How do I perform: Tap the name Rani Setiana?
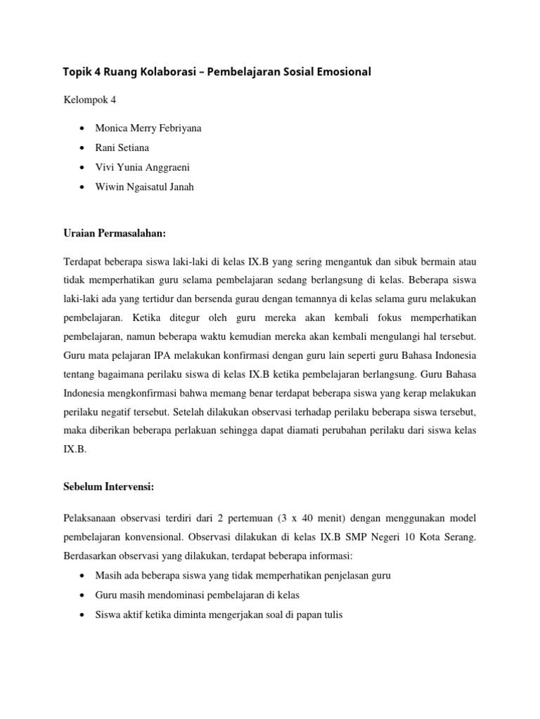[123, 149]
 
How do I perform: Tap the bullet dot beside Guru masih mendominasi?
[83, 595]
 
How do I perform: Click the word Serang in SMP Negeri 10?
[459, 537]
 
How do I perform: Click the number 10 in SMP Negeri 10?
[412, 537]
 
